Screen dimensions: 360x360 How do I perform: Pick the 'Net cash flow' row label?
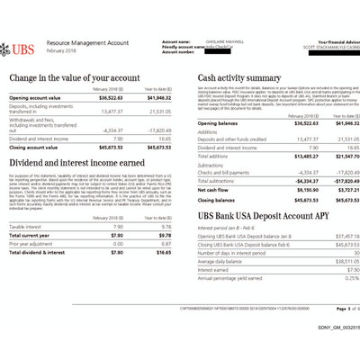pyautogui.click(x=213, y=190)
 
